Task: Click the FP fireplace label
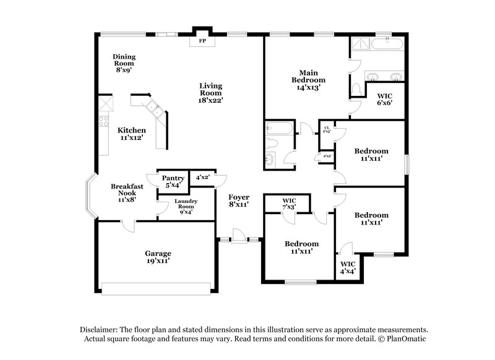[202, 42]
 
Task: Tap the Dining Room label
[124, 63]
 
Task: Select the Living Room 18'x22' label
[210, 92]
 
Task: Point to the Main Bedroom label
[308, 80]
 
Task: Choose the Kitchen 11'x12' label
[132, 134]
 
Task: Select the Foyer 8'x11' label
[238, 200]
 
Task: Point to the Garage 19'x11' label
[158, 257]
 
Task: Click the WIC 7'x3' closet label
[289, 204]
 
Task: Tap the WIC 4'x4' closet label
[348, 267]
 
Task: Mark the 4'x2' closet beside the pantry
[202, 178]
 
